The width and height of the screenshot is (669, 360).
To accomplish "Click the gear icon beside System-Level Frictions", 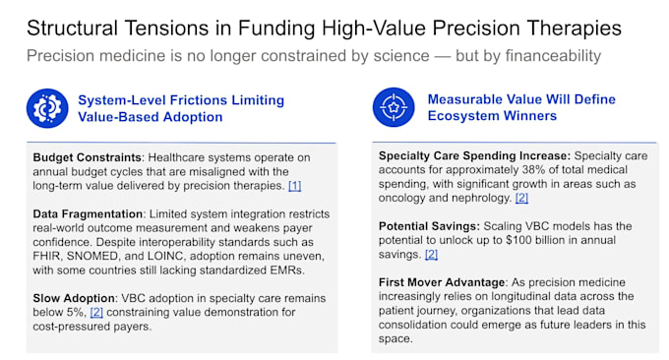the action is coord(47,108).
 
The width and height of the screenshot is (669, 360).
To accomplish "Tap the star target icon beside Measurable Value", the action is coord(394,107).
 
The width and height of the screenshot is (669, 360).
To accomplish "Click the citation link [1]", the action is coord(295,186).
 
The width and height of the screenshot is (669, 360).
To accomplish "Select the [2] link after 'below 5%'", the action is coord(96,312).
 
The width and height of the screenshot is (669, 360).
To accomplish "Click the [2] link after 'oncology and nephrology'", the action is coord(521,198).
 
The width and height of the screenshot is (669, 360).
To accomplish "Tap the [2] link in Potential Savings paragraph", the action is coord(431,255).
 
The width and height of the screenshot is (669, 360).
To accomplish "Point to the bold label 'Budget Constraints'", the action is coord(87,157).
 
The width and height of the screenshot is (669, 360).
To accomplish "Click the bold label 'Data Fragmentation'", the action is coord(88,213).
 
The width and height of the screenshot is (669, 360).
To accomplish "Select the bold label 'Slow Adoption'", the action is coord(74,298).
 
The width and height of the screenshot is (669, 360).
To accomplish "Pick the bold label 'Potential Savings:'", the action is coord(429,226).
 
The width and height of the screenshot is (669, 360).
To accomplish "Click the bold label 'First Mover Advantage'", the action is coord(442,282).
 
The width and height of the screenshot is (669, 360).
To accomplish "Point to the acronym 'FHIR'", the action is coord(46,257).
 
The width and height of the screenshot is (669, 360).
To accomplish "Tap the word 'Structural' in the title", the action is coord(72,29).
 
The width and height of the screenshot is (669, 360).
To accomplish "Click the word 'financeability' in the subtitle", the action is coord(553,56).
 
